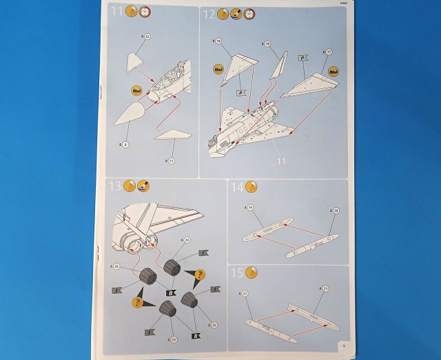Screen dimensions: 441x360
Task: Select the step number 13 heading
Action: click(116, 185)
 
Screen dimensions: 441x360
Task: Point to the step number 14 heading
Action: click(237, 187)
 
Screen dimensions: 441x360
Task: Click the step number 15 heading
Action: click(236, 273)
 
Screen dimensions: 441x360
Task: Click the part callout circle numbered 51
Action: click(170, 160)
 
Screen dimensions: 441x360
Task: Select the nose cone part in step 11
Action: click(135, 120)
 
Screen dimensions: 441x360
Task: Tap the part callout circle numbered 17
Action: click(329, 52)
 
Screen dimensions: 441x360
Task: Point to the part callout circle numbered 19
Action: click(250, 208)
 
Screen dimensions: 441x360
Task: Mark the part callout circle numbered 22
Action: click(245, 294)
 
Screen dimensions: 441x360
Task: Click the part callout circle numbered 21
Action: click(327, 288)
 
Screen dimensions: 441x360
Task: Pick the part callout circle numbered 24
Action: click(167, 240)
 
